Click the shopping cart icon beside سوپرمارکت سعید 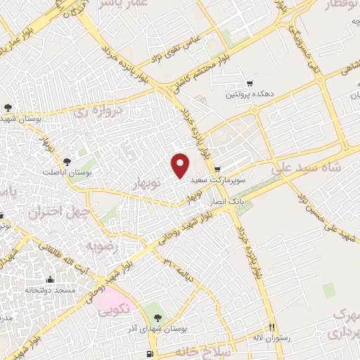coord(217,169)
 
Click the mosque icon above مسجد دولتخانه coord(49,279)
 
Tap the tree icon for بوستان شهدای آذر coord(157,319)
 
